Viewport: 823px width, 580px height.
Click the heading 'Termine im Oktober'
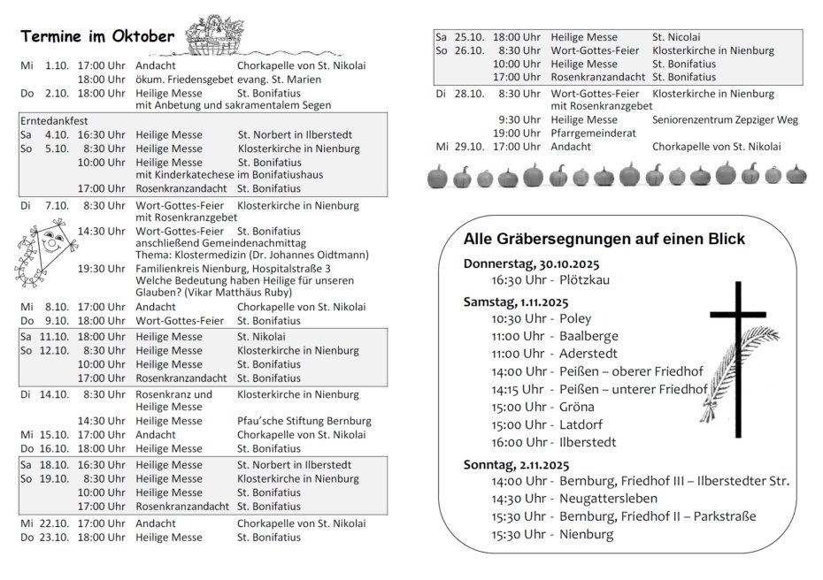click(x=97, y=36)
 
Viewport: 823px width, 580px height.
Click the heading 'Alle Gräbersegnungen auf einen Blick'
click(x=604, y=239)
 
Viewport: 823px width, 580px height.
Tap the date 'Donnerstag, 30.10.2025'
click(x=531, y=263)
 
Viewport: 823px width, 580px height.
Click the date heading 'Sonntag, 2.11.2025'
click(x=517, y=464)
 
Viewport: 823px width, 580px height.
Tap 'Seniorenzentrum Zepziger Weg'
click(x=725, y=119)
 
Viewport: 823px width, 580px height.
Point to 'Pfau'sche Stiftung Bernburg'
click(x=304, y=421)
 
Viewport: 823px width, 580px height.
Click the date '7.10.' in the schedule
click(x=56, y=206)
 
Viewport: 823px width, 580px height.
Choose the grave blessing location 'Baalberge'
click(x=588, y=336)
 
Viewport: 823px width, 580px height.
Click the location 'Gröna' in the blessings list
click(x=576, y=407)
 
